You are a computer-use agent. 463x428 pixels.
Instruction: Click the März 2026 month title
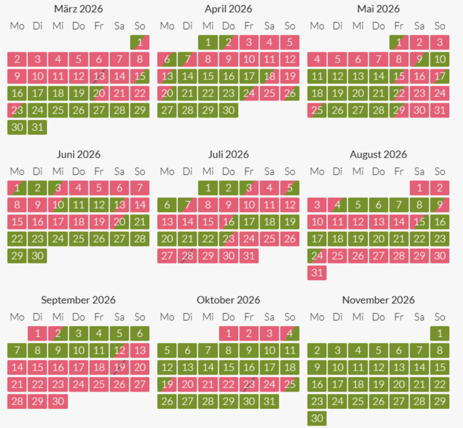(x=79, y=9)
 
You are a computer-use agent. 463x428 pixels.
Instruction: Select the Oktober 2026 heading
(x=228, y=300)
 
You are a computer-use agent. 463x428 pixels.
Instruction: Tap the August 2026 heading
(x=378, y=154)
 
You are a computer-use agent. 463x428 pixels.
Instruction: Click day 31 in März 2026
(x=38, y=127)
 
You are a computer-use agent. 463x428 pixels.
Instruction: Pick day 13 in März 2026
(x=99, y=76)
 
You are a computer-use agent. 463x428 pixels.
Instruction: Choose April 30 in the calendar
(x=229, y=110)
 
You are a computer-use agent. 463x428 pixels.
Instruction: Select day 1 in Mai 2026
(x=399, y=42)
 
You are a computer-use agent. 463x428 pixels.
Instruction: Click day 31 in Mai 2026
(x=439, y=110)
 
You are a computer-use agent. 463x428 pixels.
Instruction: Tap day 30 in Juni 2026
(x=38, y=256)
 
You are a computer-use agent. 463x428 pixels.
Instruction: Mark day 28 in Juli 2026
(x=188, y=256)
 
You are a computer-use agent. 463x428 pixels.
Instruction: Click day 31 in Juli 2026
(x=249, y=256)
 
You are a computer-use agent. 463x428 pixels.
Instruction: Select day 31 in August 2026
(x=318, y=273)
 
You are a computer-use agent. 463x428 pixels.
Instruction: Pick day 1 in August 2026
(x=419, y=188)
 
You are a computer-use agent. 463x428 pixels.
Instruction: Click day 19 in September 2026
(x=119, y=368)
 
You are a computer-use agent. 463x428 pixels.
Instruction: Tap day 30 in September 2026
(x=58, y=401)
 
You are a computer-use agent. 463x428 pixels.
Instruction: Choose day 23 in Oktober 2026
(x=249, y=385)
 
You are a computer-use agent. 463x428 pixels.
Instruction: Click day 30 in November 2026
(x=318, y=418)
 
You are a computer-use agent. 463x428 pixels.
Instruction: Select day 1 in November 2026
(x=439, y=333)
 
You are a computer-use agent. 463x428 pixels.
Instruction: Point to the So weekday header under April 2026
(x=290, y=26)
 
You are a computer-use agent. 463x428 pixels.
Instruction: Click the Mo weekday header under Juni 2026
(x=17, y=171)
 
